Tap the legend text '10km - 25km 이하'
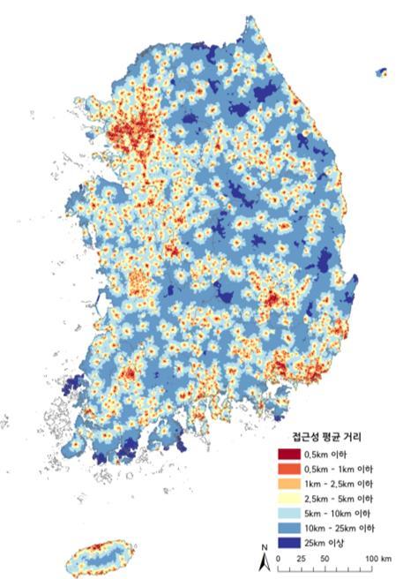tap(345, 529)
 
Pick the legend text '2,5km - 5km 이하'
tap(343, 499)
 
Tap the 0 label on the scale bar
tap(279, 559)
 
